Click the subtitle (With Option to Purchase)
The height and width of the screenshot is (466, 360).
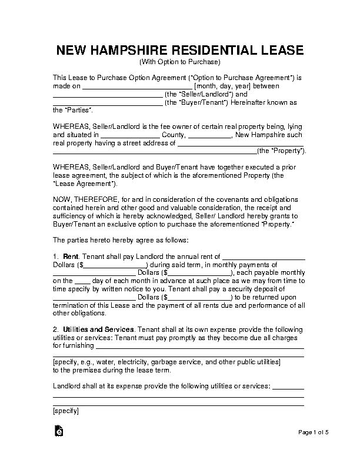tap(179, 62)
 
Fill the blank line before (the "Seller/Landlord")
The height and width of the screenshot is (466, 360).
tap(108, 95)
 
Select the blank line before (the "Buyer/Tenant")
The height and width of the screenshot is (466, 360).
tap(108, 104)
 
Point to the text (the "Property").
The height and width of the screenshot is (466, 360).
tap(282, 151)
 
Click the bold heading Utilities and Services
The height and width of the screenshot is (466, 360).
tap(99, 328)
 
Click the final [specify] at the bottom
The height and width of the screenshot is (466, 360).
tap(65, 411)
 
